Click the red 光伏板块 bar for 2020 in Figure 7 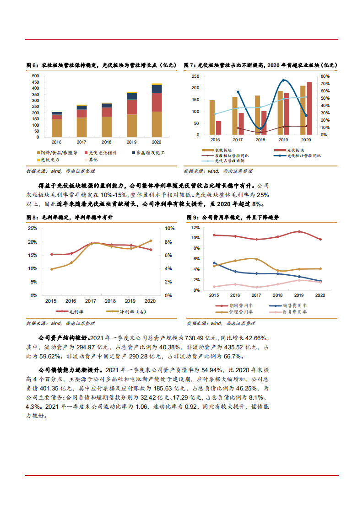[309, 108]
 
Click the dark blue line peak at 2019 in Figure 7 [284, 80]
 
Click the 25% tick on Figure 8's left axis [33, 228]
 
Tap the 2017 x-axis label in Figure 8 [91, 301]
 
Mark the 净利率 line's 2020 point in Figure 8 [151, 241]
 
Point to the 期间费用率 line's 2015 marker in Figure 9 [214, 235]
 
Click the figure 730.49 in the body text [194, 338]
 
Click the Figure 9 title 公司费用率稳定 [221, 218]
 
